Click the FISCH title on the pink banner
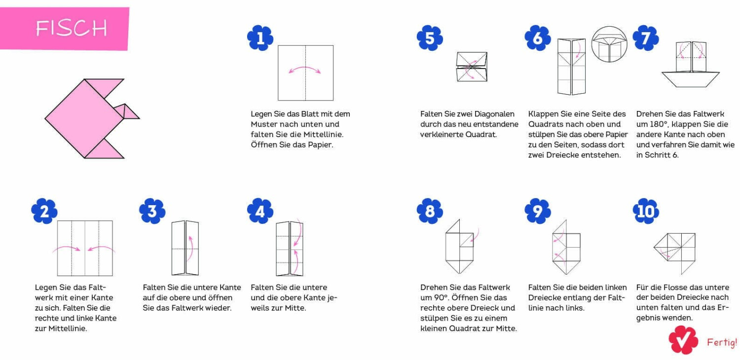click(x=72, y=28)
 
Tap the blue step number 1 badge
click(x=260, y=38)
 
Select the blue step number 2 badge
click(x=44, y=211)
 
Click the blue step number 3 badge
click(x=152, y=211)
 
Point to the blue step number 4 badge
click(x=260, y=211)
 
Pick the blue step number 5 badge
click(x=430, y=38)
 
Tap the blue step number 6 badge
click(x=538, y=38)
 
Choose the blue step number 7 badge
click(x=646, y=38)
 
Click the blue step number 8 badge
click(x=430, y=211)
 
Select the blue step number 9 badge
click(x=538, y=211)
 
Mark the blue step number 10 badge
click(x=646, y=211)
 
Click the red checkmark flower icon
click(x=683, y=340)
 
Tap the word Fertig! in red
click(x=722, y=342)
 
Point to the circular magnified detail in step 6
click(x=609, y=44)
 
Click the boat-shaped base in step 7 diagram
click(x=691, y=79)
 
